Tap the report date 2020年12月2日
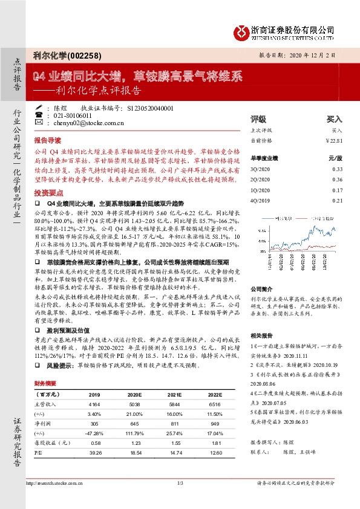(321, 54)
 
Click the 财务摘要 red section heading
(46, 366)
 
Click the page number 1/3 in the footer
(180, 483)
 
